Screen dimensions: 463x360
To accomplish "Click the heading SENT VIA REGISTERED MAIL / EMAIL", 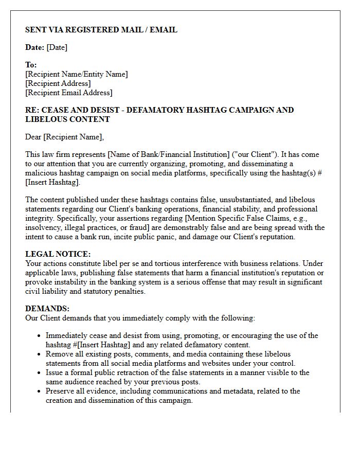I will pos(101,30).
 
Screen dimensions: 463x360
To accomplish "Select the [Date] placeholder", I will pos(57,47).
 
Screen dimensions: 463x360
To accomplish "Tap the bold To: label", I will pos(31,65).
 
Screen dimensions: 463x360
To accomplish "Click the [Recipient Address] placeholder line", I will pos(58,83).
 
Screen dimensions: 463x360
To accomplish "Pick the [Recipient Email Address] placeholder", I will pos(68,93).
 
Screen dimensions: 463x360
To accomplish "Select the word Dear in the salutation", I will pos(33,137).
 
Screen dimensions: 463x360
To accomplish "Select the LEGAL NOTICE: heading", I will pos(58,254).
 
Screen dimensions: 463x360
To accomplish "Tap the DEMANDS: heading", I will pos(47,309).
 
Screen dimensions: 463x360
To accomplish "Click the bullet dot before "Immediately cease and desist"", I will pos(40,336).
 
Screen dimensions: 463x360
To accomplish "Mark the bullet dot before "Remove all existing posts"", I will pos(40,354).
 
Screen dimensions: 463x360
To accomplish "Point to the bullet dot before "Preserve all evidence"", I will pos(40,391).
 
